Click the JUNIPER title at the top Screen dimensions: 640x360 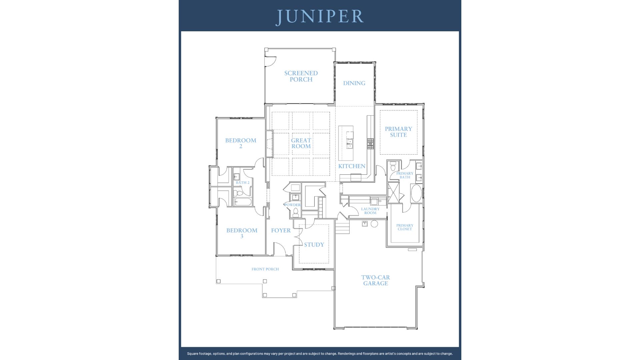tap(320, 17)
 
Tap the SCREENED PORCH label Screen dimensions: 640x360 tap(301, 76)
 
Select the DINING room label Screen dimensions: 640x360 tap(354, 83)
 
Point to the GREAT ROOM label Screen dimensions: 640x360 tap(301, 143)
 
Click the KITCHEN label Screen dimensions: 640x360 tap(352, 166)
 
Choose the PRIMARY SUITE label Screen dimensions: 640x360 tap(398, 132)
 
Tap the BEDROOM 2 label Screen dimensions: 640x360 tap(241, 143)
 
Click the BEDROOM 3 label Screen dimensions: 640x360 tap(242, 233)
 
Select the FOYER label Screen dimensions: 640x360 tap(281, 231)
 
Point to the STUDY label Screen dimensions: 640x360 tap(314, 245)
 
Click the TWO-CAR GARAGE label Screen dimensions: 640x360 tap(376, 280)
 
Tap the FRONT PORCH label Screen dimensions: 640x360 tap(265, 269)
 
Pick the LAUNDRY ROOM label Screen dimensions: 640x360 tap(370, 211)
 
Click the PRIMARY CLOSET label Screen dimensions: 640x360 tap(405, 227)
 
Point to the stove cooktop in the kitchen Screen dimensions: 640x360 tap(370, 144)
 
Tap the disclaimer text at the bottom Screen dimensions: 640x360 tap(320, 354)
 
